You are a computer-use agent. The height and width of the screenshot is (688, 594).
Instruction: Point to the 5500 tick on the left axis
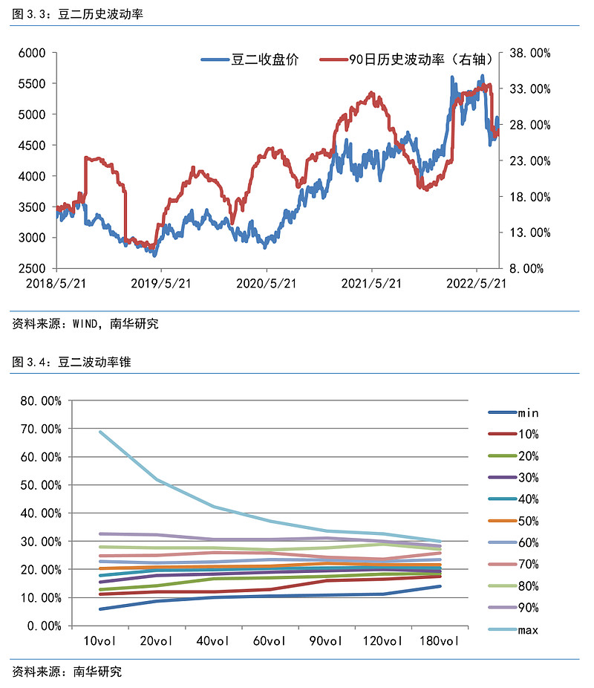click(33, 83)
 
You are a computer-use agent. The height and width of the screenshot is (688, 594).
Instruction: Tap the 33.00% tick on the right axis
click(529, 89)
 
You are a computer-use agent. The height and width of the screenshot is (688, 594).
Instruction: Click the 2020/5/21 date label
click(266, 283)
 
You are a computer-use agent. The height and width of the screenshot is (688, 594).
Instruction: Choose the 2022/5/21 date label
click(475, 283)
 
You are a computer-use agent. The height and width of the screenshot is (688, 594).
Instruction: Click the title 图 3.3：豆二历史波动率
click(76, 13)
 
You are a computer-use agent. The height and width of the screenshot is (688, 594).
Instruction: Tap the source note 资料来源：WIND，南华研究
click(85, 324)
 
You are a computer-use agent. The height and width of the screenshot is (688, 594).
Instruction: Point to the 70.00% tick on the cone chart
click(42, 429)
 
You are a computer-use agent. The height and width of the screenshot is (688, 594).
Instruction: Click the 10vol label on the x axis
click(99, 641)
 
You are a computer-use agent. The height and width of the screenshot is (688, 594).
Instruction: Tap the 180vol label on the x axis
click(440, 641)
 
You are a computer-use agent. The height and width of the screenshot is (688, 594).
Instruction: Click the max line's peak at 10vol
click(99, 432)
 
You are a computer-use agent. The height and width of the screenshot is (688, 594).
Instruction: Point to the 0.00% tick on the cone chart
click(45, 626)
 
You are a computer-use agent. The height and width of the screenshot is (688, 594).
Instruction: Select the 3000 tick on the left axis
click(33, 238)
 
